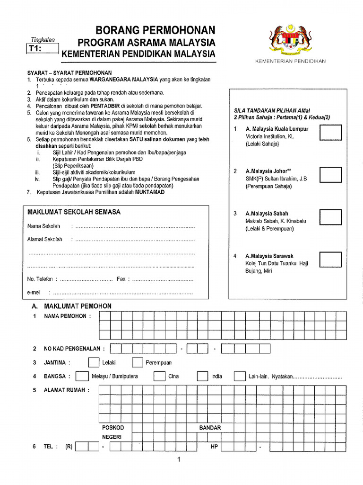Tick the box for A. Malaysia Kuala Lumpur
pos(330,133)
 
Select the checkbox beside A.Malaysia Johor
pos(330,175)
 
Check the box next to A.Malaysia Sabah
pos(330,217)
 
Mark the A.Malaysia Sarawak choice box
pos(330,259)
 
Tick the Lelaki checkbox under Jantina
pos(94,363)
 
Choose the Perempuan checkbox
pos(138,363)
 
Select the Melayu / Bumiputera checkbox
pos(82,377)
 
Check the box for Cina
pos(159,377)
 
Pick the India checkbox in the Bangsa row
pos(202,377)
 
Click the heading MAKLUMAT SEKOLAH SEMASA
pos(74,212)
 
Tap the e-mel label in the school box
pos(34,293)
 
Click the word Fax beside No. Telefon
pos(121,279)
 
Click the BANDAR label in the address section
pos(210,428)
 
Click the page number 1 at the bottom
pos(180,460)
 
